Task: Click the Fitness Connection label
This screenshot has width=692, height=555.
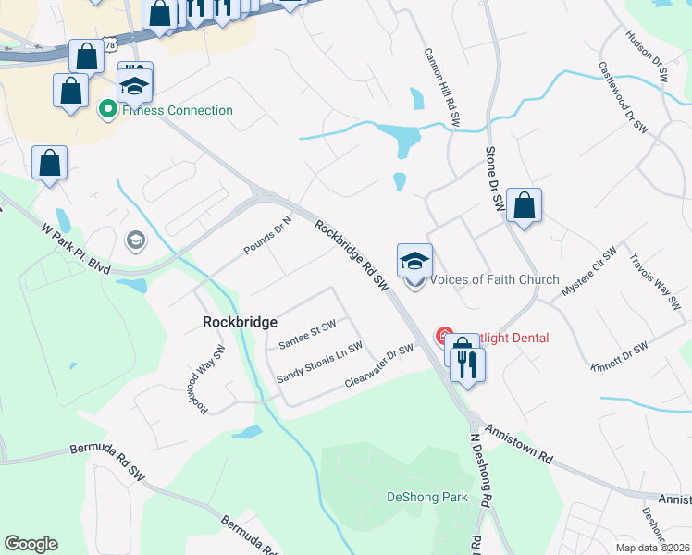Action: tap(174, 110)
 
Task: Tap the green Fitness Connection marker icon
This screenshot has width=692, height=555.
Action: tap(108, 110)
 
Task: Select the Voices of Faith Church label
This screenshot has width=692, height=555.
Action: tap(496, 279)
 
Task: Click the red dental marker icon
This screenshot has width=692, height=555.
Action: tap(444, 337)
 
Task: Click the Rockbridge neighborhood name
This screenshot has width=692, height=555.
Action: tap(240, 322)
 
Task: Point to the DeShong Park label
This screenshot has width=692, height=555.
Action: tap(427, 497)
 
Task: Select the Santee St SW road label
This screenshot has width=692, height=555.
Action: tap(306, 334)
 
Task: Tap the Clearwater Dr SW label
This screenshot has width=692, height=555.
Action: tap(377, 364)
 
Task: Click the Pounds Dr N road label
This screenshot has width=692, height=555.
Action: tap(267, 235)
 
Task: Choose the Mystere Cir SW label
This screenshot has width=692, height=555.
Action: tap(588, 274)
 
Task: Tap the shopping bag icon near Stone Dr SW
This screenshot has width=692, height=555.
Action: tap(524, 205)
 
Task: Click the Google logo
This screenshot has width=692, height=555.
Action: tap(31, 544)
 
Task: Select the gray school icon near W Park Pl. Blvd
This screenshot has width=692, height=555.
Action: tap(136, 241)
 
